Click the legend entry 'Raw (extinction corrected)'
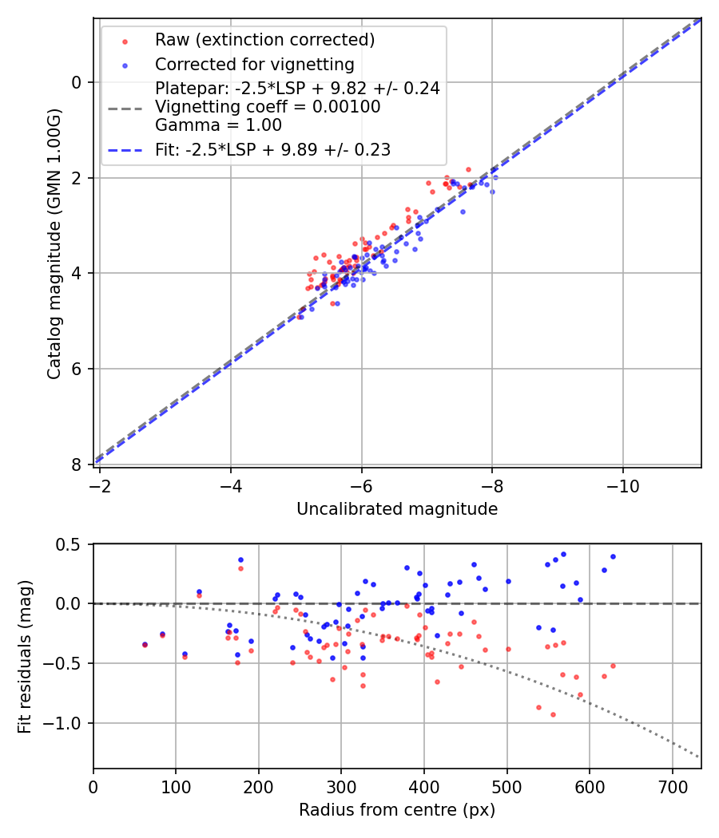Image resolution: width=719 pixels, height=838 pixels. (264, 40)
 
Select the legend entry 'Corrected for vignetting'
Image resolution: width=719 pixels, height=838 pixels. (254, 65)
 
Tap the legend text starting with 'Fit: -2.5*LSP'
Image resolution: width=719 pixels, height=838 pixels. (272, 149)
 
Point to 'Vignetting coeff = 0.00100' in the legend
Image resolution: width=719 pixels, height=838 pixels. (268, 107)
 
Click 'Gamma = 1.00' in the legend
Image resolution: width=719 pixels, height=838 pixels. (218, 125)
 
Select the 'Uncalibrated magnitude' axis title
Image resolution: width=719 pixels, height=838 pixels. (397, 509)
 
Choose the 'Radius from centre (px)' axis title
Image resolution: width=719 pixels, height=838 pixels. (397, 810)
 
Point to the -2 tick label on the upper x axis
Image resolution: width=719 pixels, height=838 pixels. (101, 486)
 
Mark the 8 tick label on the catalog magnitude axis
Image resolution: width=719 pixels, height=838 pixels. (77, 464)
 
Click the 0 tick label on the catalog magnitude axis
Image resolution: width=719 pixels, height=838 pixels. (77, 82)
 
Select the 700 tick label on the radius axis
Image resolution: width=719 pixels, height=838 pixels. (672, 787)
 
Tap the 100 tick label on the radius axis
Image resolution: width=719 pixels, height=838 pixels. (176, 787)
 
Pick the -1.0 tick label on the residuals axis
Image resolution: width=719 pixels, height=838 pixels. (67, 723)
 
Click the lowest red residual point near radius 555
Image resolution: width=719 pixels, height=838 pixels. (553, 714)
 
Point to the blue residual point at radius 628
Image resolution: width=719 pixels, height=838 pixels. (613, 556)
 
